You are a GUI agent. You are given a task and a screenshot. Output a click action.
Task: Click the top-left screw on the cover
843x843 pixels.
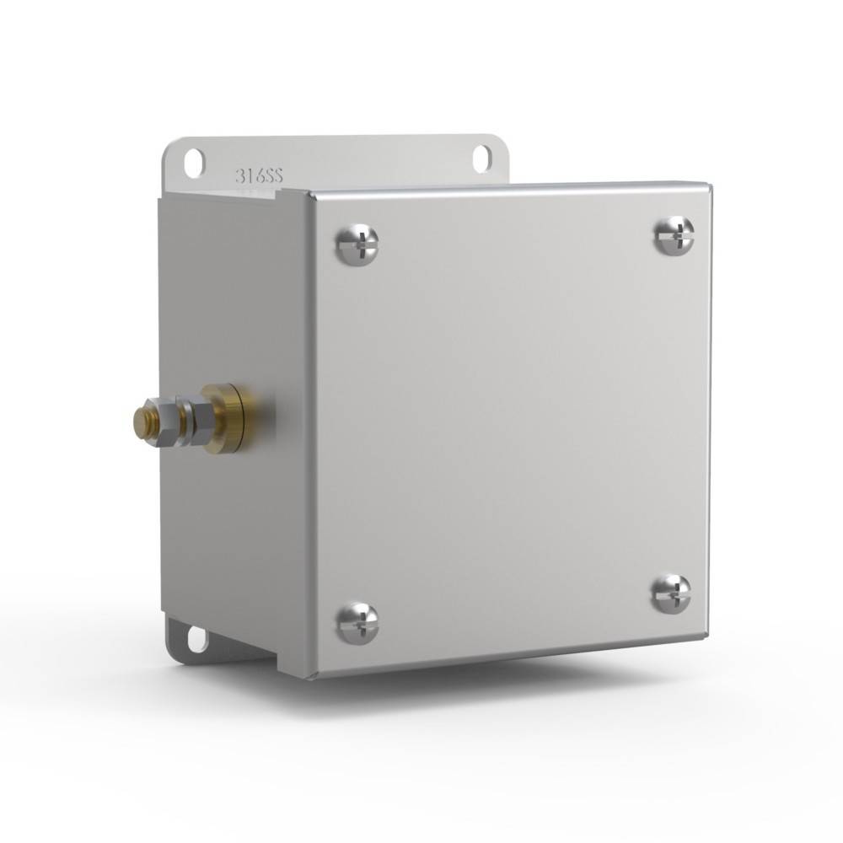point(357,245)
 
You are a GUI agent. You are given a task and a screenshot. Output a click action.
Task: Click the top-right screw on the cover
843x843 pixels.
point(674,235)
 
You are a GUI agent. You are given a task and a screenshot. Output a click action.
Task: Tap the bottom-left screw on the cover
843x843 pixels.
point(357,623)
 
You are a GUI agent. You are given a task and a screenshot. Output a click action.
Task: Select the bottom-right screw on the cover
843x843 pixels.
point(671,594)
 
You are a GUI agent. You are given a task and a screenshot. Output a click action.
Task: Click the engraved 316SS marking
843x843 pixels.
point(259,176)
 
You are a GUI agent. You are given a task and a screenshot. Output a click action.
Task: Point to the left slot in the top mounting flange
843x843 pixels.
point(194,163)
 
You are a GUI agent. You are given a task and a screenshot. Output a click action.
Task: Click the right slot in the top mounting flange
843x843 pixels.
point(482,158)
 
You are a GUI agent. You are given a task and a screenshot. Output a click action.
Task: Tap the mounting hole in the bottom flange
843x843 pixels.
point(196,638)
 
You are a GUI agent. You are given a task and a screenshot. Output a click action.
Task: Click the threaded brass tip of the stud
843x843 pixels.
point(140,420)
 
